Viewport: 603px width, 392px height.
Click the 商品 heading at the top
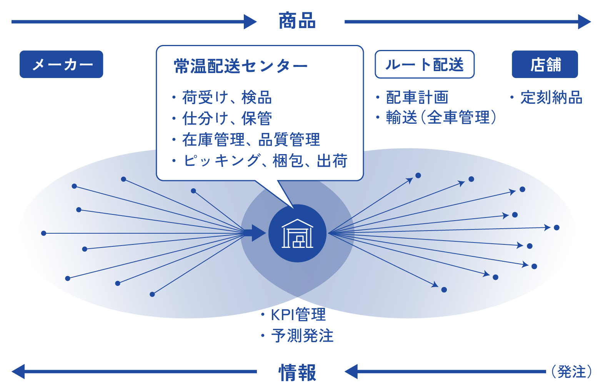click(297, 21)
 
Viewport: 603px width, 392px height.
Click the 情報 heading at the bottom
click(297, 373)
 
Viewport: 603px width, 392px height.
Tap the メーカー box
click(62, 64)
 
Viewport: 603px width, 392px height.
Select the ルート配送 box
click(425, 64)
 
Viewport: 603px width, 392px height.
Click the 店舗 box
click(545, 64)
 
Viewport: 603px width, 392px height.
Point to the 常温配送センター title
click(241, 66)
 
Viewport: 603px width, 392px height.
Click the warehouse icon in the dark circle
click(297, 233)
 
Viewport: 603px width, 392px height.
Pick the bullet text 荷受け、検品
click(227, 97)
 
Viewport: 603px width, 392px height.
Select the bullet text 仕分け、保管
click(227, 118)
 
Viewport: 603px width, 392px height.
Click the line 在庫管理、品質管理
click(251, 140)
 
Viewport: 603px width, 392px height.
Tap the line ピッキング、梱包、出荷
click(265, 161)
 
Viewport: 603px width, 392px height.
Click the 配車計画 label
click(417, 97)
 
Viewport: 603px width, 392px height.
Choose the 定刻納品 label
click(551, 97)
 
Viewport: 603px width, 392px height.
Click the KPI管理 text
click(298, 315)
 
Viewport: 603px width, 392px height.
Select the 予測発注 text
click(302, 336)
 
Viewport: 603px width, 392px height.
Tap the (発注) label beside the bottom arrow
click(571, 372)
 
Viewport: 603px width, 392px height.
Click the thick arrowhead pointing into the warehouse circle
click(259, 233)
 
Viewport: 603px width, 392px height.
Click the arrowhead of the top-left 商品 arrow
click(250, 22)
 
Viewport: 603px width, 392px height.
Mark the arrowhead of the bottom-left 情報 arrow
click(18, 372)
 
